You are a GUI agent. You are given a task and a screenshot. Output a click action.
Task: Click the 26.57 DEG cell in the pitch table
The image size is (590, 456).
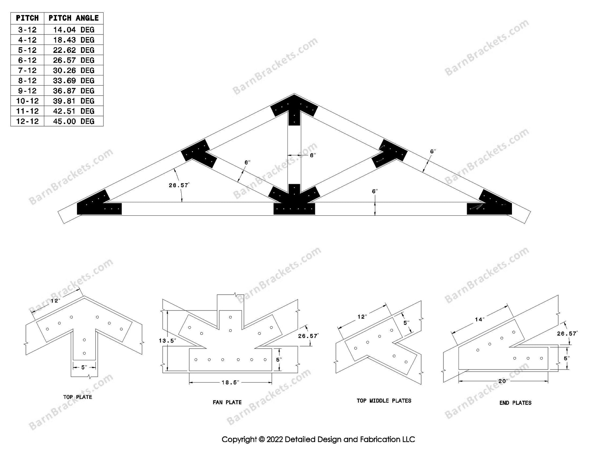pos(73,60)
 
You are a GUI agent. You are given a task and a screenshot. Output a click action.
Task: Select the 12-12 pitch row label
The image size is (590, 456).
pos(28,121)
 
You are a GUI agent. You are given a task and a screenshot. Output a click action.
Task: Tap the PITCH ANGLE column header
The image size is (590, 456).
pos(73,18)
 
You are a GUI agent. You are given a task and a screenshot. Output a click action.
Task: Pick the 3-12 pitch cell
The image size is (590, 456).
pos(28,30)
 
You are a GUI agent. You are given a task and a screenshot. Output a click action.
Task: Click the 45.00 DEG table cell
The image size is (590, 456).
pos(73,121)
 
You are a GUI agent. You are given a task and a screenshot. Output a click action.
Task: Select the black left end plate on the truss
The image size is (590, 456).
pos(97,205)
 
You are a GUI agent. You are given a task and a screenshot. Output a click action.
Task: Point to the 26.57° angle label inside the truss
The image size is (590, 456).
pos(179,186)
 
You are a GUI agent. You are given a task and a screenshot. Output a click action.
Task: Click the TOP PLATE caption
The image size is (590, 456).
pos(78,397)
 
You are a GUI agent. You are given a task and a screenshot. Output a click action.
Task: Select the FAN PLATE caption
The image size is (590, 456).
pos(227,402)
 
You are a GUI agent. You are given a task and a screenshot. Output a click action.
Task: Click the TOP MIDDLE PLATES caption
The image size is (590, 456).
pos(384,401)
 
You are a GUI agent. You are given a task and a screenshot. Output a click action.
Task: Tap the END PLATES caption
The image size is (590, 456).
pos(515,403)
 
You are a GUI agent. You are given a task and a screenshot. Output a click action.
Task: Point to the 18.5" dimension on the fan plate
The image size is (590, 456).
pos(230,382)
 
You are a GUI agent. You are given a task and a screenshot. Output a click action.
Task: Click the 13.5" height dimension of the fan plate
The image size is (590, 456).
pos(167,341)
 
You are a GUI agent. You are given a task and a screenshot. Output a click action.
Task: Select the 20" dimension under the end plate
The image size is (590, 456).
pos(503,381)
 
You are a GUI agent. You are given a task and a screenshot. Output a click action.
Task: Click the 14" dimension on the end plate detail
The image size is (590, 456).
pos(480,319)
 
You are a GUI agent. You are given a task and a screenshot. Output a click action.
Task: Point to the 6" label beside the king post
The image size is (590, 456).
pos(312,155)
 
